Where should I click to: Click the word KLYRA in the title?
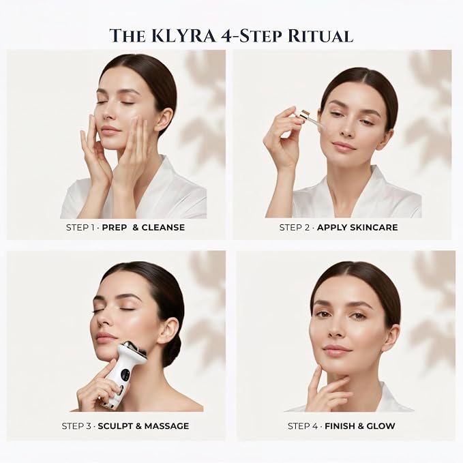click(x=184, y=36)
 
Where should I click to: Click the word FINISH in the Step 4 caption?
click(x=340, y=426)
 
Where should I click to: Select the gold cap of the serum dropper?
click(x=303, y=115)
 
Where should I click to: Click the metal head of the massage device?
click(x=136, y=348)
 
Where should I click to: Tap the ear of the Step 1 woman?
click(x=164, y=119)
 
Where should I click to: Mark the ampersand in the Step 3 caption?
click(x=138, y=426)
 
